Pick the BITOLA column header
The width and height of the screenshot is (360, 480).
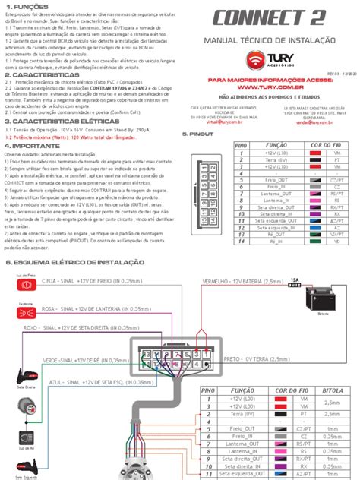(x=332, y=390)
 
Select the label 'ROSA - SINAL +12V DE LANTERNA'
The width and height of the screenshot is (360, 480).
(x=106, y=309)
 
